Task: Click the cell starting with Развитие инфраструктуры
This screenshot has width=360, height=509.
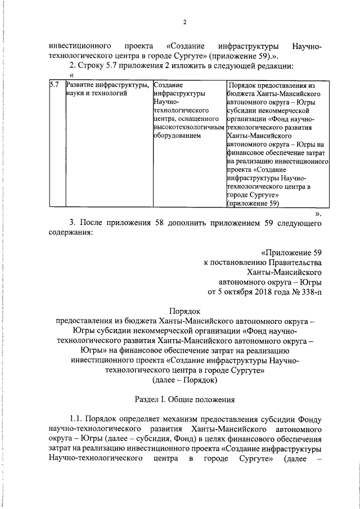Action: pyautogui.click(x=107, y=89)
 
